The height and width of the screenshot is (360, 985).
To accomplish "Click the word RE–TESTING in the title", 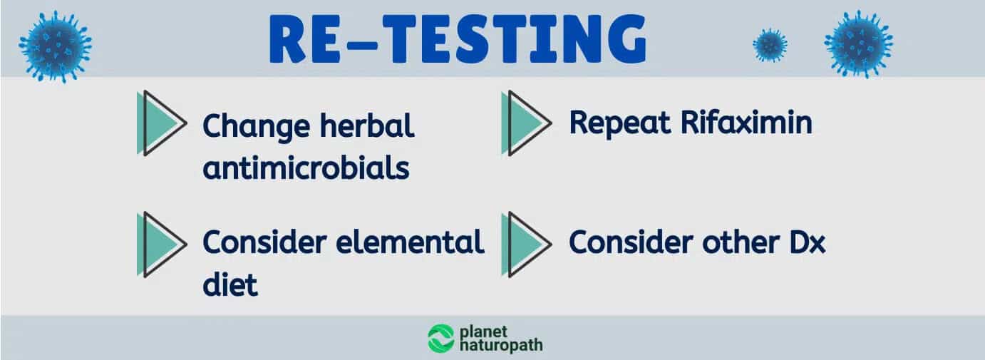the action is point(458,39).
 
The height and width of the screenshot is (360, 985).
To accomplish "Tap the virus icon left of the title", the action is point(56,46).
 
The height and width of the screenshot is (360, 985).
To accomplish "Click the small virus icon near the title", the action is point(770,45).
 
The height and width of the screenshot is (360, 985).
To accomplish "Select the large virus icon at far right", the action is point(859,44).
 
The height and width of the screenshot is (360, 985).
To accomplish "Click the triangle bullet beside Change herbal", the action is point(163,123).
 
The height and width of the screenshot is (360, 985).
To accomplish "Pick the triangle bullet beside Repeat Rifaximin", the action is point(527,123).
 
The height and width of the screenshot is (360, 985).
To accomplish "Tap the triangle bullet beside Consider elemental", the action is point(163,245).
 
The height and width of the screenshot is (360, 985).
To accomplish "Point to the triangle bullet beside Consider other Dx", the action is point(527,245).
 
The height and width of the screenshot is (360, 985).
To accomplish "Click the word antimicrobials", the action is point(306,168).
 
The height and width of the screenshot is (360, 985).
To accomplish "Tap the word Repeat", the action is point(620,124).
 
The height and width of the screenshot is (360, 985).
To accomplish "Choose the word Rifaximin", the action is point(746,122).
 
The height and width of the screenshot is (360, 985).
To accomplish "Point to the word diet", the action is point(230,284).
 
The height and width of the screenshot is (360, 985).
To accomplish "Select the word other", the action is point(741,242).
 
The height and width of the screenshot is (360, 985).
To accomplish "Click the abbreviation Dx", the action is point(808,242).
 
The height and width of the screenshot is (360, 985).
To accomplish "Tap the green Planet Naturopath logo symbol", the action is point(440,339).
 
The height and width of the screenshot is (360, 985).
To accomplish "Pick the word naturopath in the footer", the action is point(501,346).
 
